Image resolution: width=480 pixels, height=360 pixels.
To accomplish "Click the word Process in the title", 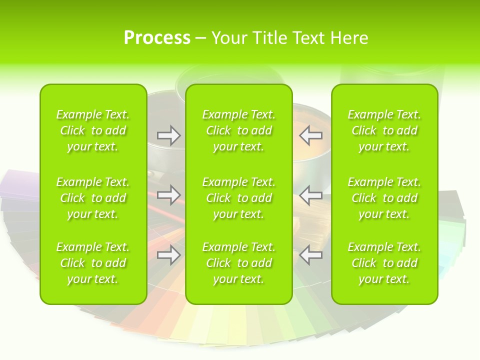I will pyautogui.click(x=157, y=38).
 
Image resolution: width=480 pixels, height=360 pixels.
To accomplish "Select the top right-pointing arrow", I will pyautogui.click(x=168, y=135).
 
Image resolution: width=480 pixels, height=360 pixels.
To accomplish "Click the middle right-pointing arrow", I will pyautogui.click(x=168, y=195).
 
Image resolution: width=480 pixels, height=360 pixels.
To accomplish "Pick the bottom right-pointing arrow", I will pyautogui.click(x=168, y=255).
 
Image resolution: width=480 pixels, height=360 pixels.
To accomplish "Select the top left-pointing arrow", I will pyautogui.click(x=311, y=135).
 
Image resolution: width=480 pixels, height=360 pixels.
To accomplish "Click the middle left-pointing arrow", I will pyautogui.click(x=311, y=195).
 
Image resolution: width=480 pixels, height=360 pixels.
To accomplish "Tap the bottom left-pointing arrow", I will pyautogui.click(x=311, y=255).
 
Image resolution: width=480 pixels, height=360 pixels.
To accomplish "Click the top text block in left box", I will pyautogui.click(x=93, y=130).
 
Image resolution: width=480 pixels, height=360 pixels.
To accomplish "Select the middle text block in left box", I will pyautogui.click(x=93, y=198).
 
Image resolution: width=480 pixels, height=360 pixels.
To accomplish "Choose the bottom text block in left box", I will pyautogui.click(x=93, y=263).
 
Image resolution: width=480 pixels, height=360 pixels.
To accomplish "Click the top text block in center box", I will pyautogui.click(x=238, y=130).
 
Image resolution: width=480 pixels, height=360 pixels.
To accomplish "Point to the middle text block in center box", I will pyautogui.click(x=238, y=198).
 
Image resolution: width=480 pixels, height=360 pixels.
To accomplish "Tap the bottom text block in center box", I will pyautogui.click(x=238, y=263).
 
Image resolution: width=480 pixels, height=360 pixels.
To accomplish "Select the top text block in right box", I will pyautogui.click(x=384, y=130).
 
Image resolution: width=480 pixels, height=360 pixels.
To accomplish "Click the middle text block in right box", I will pyautogui.click(x=384, y=198).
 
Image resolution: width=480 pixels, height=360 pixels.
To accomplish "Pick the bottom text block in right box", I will pyautogui.click(x=384, y=263).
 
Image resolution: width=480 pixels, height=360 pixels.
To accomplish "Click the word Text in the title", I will pyautogui.click(x=309, y=38).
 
